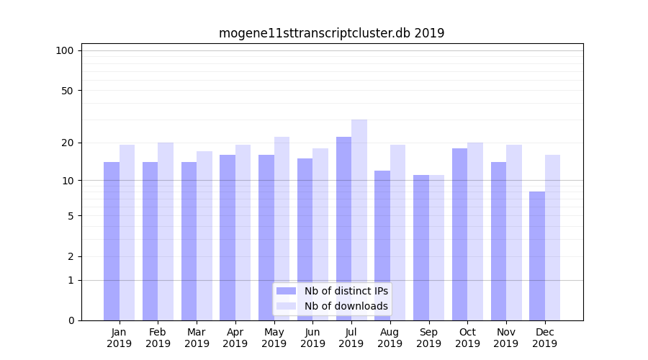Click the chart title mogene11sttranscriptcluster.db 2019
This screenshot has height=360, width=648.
point(331,33)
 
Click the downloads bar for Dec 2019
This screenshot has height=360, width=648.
point(552,238)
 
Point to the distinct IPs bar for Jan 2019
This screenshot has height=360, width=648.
point(112,241)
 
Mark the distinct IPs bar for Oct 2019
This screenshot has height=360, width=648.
point(459,234)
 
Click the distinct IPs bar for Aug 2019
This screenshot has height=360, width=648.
point(382,246)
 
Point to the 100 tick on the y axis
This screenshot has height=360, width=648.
point(65,50)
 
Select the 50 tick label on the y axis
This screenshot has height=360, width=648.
point(67,91)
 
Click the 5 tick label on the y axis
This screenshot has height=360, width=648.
point(70,216)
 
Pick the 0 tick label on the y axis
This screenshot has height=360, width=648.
point(70,320)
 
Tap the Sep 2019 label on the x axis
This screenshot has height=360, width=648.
point(428,338)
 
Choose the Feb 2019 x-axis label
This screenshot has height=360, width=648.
point(158,338)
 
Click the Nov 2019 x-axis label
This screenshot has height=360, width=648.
point(506,338)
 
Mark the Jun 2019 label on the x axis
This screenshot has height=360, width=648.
point(312,338)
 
